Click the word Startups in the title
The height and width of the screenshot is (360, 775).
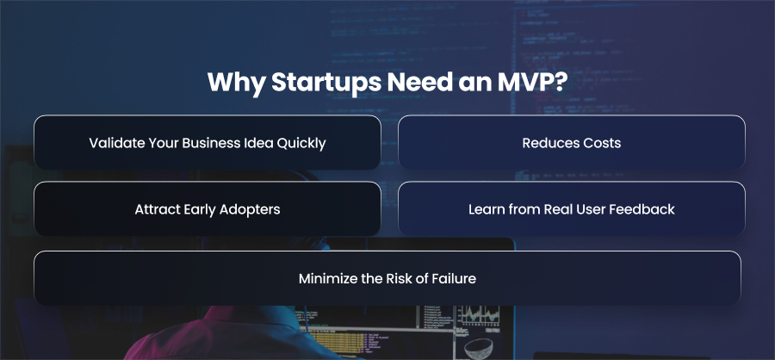pyautogui.click(x=325, y=83)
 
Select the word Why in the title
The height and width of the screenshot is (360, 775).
pyautogui.click(x=236, y=83)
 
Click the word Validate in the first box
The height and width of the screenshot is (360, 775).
pyautogui.click(x=109, y=143)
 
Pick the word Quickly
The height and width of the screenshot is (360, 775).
pyautogui.click(x=301, y=144)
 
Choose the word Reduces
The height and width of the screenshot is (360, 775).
pyautogui.click(x=546, y=143)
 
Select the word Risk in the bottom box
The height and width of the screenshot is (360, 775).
pyautogui.click(x=397, y=278)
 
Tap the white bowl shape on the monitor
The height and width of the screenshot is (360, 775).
pyautogui.click(x=481, y=348)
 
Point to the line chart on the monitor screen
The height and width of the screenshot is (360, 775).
pyautogui.click(x=478, y=315)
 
